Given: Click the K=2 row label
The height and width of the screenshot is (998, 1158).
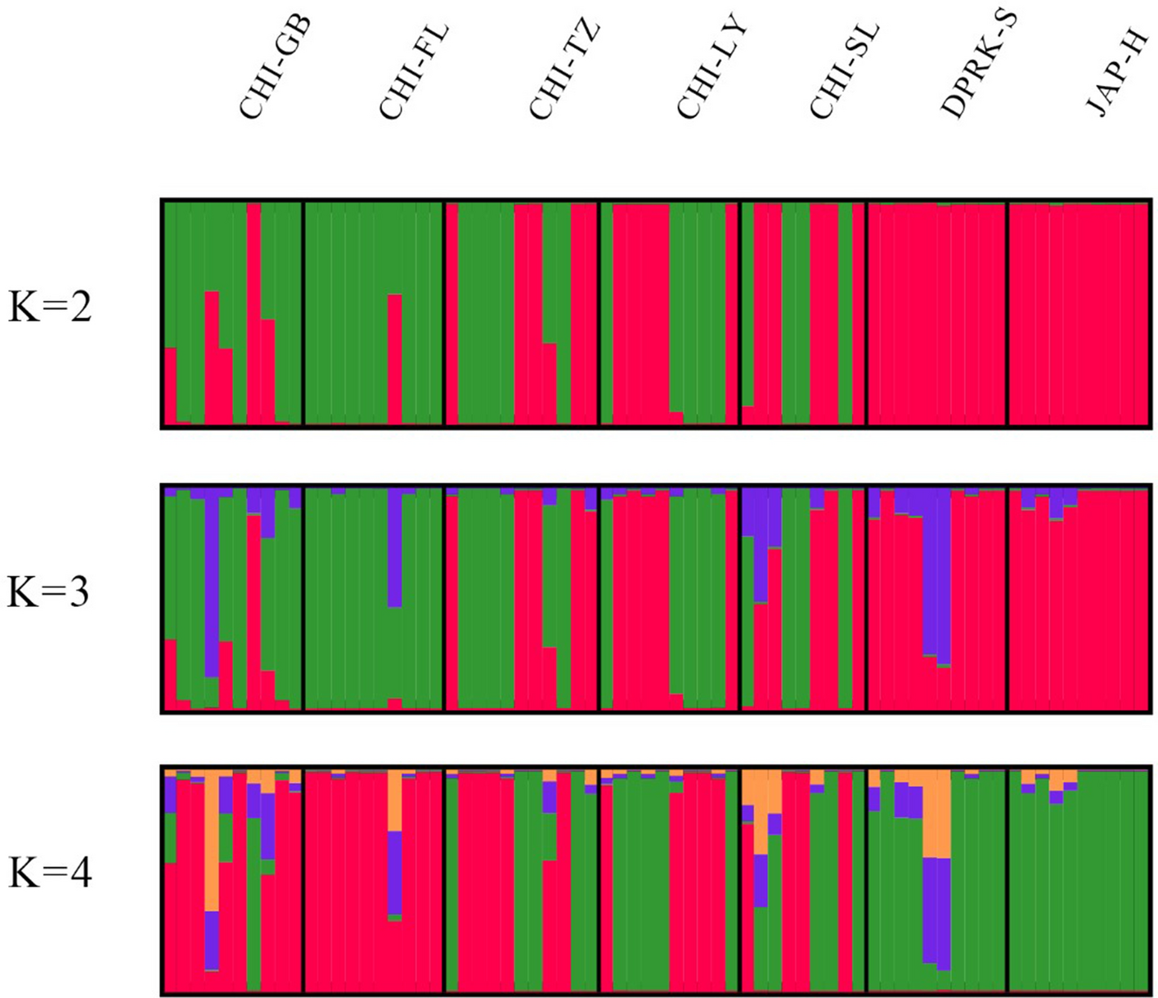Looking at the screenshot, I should [49, 309].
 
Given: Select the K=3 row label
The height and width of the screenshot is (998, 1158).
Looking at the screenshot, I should [49, 592].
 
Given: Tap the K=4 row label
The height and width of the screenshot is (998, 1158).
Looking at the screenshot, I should [49, 874].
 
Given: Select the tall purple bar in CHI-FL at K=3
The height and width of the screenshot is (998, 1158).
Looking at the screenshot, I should [394, 548].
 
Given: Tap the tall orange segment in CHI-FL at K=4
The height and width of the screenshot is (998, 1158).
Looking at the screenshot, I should [394, 802].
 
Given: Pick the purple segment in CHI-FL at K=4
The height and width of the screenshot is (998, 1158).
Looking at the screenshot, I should [394, 872].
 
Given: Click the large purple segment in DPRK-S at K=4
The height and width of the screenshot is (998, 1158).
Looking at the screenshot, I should [936, 912].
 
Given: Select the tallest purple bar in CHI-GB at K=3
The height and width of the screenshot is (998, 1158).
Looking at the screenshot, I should [212, 585].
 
